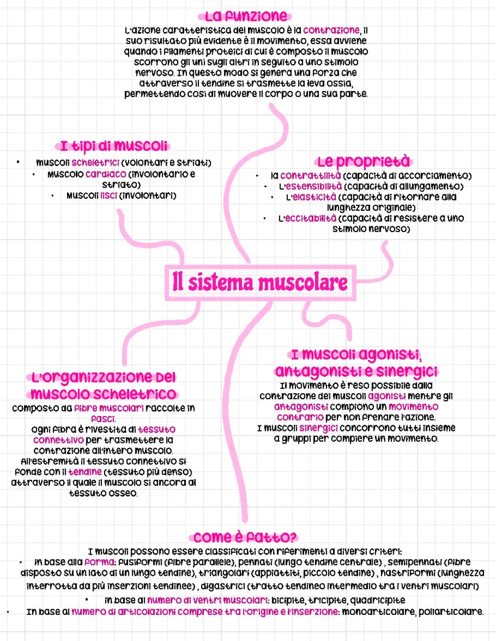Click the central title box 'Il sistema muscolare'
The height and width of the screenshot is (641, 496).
tap(260, 283)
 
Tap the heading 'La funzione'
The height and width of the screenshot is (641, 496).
tap(246, 16)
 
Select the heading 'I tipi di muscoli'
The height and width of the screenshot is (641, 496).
tap(113, 146)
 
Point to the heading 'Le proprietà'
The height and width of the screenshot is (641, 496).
tap(364, 161)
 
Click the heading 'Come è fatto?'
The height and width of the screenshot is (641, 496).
tap(245, 538)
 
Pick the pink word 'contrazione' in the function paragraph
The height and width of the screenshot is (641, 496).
tap(331, 30)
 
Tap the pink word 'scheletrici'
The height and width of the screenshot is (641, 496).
tap(96, 163)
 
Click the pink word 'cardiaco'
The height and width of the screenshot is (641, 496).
tap(106, 174)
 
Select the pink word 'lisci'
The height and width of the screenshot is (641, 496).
tap(108, 196)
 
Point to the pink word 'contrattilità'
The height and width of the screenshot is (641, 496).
tap(310, 175)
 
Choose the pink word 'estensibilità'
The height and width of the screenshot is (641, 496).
tap(314, 186)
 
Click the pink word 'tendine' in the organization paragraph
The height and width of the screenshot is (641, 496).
tap(85, 472)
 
